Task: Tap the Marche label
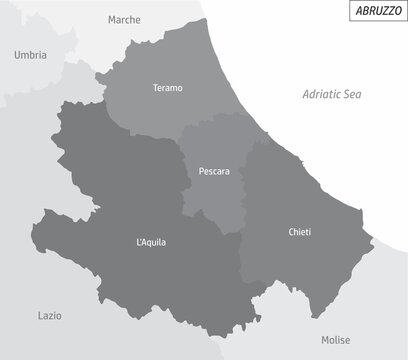[124, 19]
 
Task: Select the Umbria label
[31, 56]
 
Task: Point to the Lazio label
[50, 315]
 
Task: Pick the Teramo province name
[168, 88]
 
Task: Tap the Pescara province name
[214, 171]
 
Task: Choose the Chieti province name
[299, 232]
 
